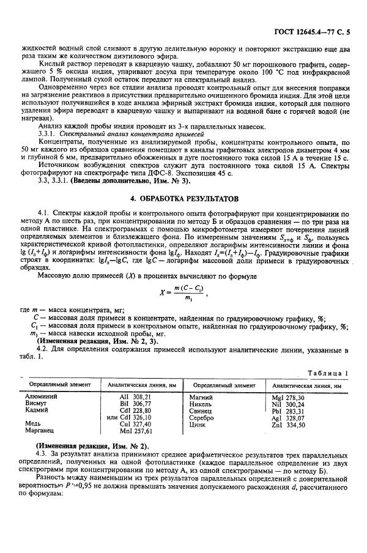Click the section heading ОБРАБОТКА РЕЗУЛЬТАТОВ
tap(183, 200)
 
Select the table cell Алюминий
tap(38, 397)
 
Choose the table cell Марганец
tap(38, 431)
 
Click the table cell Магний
tap(201, 397)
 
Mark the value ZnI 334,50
tap(300, 425)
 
